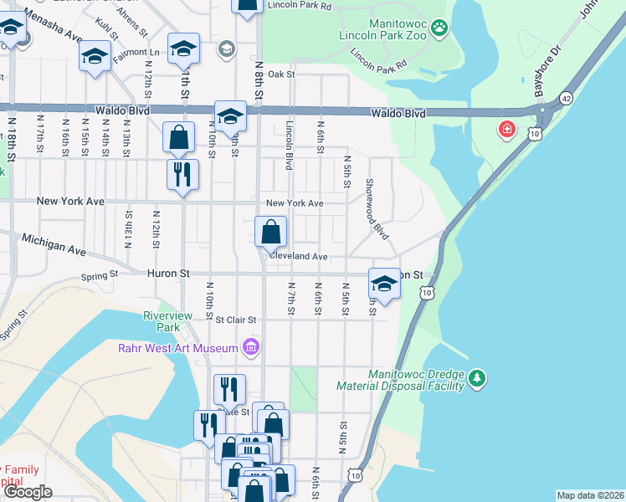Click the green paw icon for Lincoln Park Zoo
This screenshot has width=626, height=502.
point(440,29)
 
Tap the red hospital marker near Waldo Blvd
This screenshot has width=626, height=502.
point(506,130)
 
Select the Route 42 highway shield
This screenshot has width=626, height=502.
point(567,98)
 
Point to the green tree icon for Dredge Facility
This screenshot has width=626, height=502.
point(477,379)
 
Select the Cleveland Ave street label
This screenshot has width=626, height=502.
point(297,257)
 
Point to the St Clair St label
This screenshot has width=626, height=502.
point(235,320)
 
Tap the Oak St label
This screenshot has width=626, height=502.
point(282,74)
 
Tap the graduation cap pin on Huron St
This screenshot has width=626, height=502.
point(384,284)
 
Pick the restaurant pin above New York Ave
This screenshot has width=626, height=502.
point(182,174)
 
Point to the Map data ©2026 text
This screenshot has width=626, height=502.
point(590,495)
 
